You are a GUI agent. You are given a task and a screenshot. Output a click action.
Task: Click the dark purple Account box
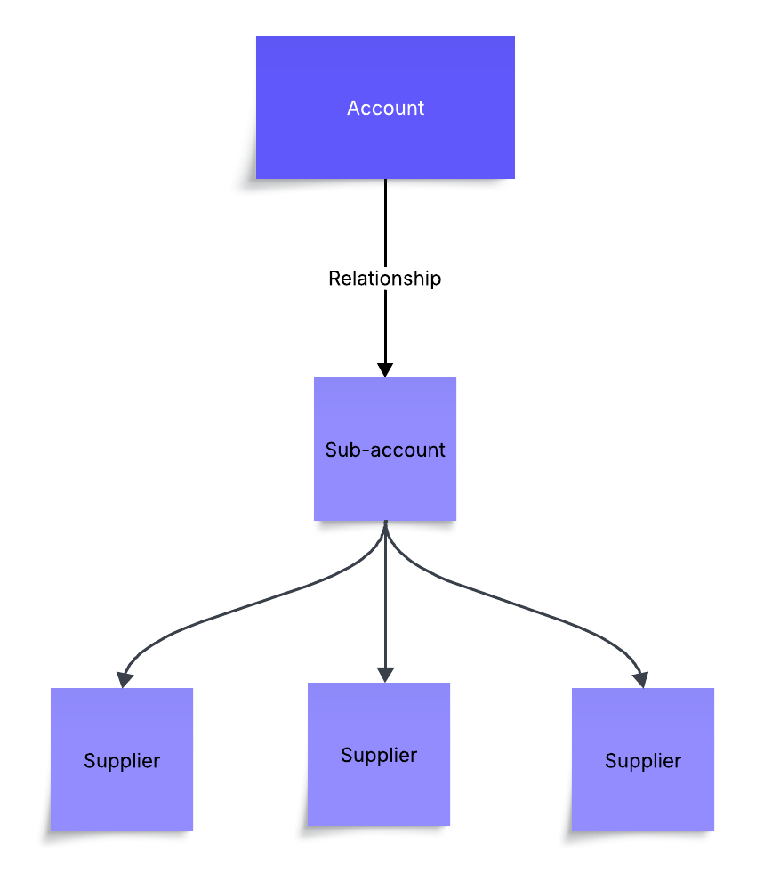pos(385,142)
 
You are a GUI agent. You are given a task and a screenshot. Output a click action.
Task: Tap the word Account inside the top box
pos(385,109)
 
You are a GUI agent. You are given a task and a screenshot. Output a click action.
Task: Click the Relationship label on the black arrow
pos(384,279)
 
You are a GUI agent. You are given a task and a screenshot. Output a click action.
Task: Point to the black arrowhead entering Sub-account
pos(385,369)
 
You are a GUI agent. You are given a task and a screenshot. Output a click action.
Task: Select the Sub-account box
pos(385,490)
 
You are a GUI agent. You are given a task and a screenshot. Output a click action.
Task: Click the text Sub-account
pos(385,450)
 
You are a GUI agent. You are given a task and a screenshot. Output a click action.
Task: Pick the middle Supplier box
pos(379,792)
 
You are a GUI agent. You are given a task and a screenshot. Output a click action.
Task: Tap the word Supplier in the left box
pos(122,761)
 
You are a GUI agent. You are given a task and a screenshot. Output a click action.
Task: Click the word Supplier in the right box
pos(642,761)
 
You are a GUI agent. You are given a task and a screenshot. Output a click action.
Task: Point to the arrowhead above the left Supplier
pos(125,679)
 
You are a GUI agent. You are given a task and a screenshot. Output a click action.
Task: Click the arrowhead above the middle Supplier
pos(385,675)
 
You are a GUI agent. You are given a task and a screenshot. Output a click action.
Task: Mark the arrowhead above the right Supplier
pos(640,679)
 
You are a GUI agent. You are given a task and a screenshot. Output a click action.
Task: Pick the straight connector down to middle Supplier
pos(385,605)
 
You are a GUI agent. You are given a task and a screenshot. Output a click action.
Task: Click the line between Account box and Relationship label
pos(385,223)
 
